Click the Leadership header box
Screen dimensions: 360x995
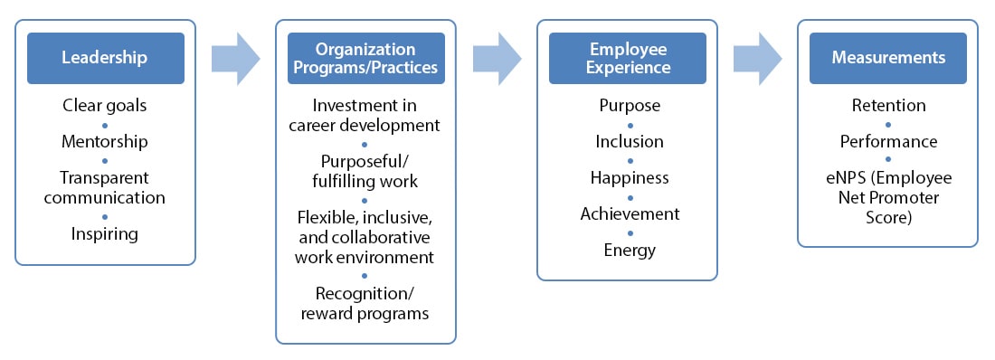pos(105,58)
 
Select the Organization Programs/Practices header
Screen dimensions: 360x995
pos(365,58)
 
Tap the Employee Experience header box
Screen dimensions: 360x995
pos(629,58)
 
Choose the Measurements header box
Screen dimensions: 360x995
pos(888,58)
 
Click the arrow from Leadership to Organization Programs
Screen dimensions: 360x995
pos(235,58)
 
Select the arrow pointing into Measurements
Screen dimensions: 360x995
pos(757,58)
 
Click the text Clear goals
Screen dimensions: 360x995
pos(105,106)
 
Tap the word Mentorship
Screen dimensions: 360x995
pos(105,142)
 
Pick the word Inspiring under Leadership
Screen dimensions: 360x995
pos(105,234)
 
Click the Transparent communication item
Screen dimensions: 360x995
pos(105,187)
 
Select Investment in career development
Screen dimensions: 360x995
pos(365,116)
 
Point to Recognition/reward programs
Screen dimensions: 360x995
pos(365,304)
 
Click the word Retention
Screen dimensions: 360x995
pos(888,106)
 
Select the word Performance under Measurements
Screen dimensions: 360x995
pos(888,142)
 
